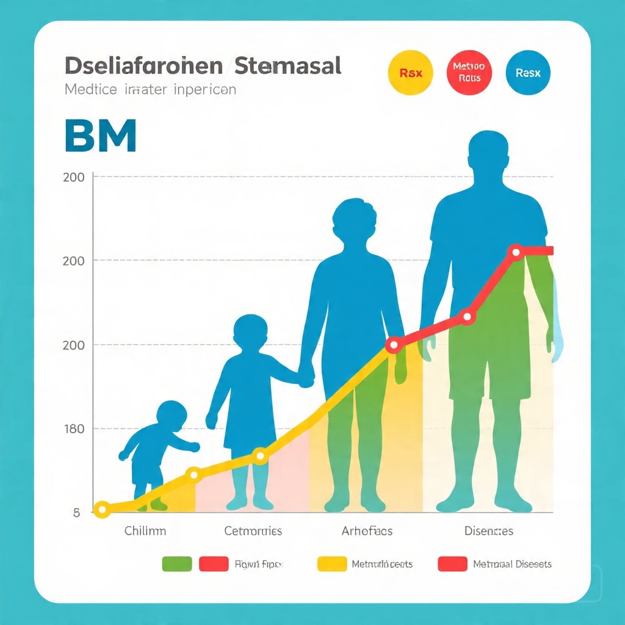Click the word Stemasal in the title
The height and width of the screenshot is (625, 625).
pyautogui.click(x=286, y=66)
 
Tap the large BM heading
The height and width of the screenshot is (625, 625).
pyautogui.click(x=99, y=137)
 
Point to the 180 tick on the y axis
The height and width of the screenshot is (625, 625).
pyautogui.click(x=74, y=428)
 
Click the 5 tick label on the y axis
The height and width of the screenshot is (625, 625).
pyautogui.click(x=76, y=513)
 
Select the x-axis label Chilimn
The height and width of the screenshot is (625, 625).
pyautogui.click(x=145, y=531)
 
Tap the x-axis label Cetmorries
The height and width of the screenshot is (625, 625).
pyautogui.click(x=253, y=531)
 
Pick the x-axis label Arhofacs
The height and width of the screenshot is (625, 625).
pyautogui.click(x=366, y=531)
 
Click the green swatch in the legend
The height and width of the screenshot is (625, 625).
pyautogui.click(x=177, y=564)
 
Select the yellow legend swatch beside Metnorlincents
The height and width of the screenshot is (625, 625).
pyautogui.click(x=332, y=564)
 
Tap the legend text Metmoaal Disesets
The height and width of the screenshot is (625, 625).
pyautogui.click(x=512, y=564)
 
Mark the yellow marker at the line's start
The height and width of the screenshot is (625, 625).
pyautogui.click(x=102, y=509)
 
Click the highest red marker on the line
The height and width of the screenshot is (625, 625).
pyautogui.click(x=516, y=251)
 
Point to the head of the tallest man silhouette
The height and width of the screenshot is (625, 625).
pyautogui.click(x=488, y=153)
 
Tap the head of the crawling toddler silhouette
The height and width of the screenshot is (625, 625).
pyautogui.click(x=172, y=414)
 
